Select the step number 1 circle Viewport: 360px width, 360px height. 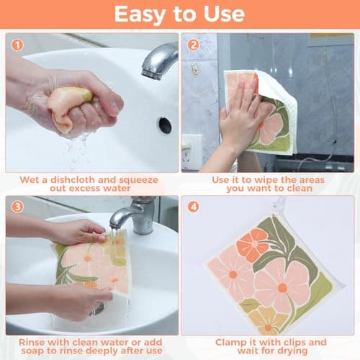(x=17, y=45)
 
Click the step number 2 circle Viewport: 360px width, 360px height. (x=193, y=45)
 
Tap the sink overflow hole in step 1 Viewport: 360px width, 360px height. (x=165, y=125)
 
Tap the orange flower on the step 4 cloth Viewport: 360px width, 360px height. (x=253, y=245)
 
